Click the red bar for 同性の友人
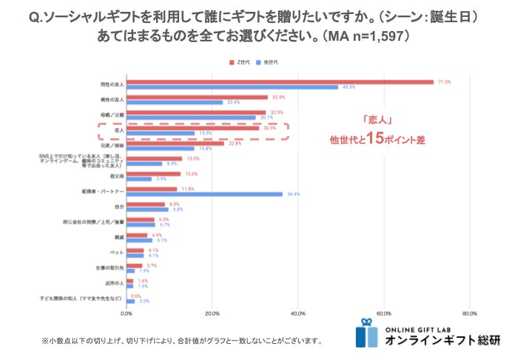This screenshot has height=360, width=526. (x=280, y=81)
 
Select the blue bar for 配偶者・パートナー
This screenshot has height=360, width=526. (x=204, y=194)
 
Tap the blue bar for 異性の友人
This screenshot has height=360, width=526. (x=175, y=102)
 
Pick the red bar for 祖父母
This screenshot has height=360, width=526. (x=153, y=174)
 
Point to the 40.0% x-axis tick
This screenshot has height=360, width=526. (x=297, y=313)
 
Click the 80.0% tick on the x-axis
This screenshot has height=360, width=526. (x=468, y=313)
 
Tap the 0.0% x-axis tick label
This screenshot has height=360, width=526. (x=127, y=313)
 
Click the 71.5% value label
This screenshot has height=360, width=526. (x=444, y=81)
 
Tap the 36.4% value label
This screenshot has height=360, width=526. (x=292, y=194)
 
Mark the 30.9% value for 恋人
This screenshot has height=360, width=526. (x=269, y=128)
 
